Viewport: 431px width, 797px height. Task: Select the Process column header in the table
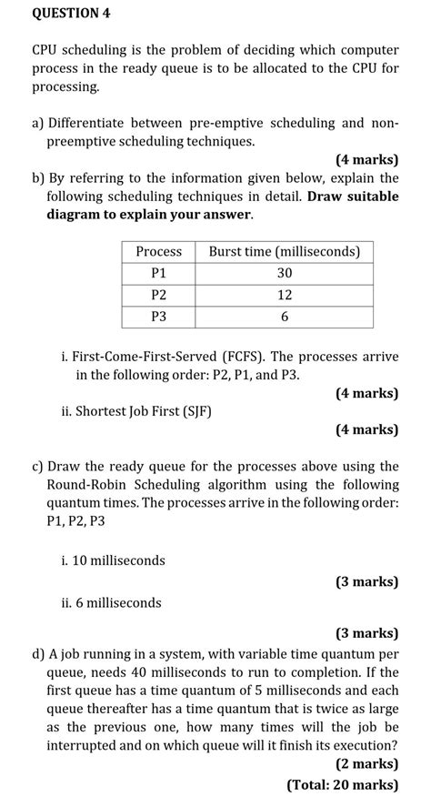[158, 251]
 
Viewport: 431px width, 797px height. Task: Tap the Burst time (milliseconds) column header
[285, 251]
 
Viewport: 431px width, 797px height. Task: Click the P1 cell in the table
[158, 273]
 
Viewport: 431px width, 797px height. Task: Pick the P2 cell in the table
[158, 295]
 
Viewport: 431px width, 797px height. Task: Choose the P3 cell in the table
[158, 317]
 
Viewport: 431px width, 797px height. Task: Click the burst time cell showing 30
[285, 273]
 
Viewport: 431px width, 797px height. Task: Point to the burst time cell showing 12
[285, 295]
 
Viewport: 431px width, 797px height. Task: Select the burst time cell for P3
[285, 317]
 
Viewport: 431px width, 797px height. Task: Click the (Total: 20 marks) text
[342, 784]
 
